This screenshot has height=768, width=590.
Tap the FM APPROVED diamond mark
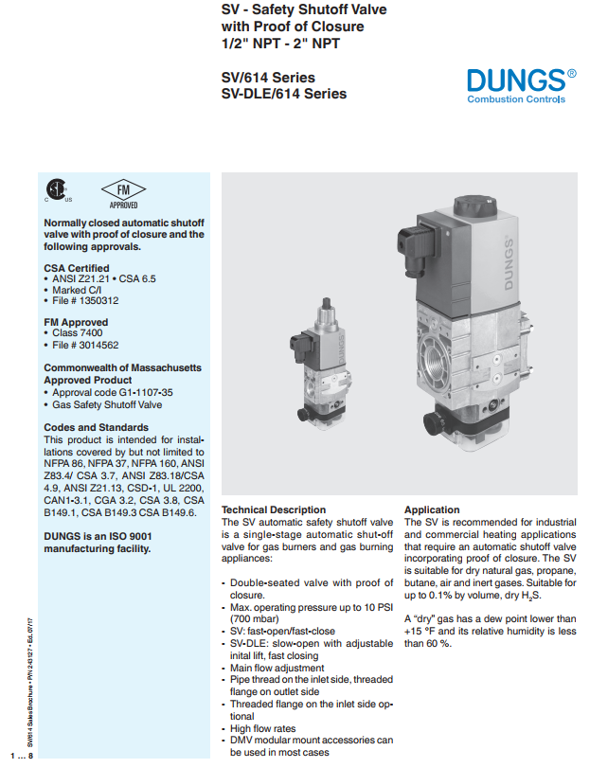pos(123,191)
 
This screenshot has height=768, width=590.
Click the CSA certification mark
pos(56,191)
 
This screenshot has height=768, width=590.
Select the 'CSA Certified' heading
pos(77,268)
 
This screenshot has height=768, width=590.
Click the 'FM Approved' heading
pos(76,323)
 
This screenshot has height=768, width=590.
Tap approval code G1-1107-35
pos(112,391)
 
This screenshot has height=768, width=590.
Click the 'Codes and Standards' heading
pos(97,427)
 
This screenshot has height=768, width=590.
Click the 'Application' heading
pos(432,509)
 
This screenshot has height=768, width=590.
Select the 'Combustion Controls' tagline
pos(516,98)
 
